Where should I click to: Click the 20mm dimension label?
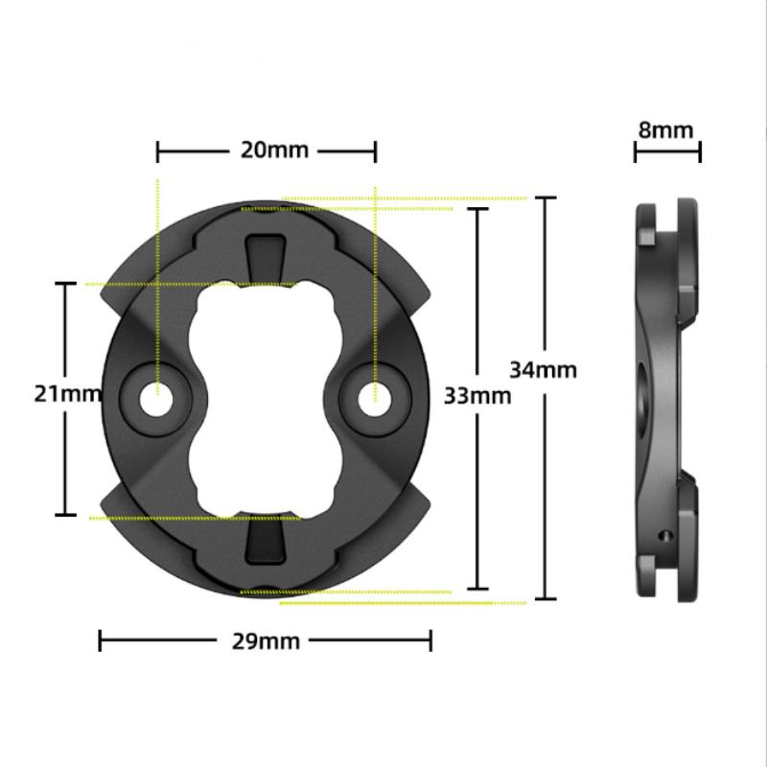point(274,150)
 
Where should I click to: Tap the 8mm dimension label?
point(665,130)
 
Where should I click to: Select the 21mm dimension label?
point(67,394)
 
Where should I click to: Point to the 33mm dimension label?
point(477,396)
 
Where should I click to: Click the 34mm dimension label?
point(543,370)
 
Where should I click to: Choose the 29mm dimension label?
point(266,641)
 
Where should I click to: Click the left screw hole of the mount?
point(156,400)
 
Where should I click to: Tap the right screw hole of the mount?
point(375,400)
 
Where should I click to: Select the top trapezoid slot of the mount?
point(266,259)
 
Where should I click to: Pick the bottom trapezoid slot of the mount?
point(266,540)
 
